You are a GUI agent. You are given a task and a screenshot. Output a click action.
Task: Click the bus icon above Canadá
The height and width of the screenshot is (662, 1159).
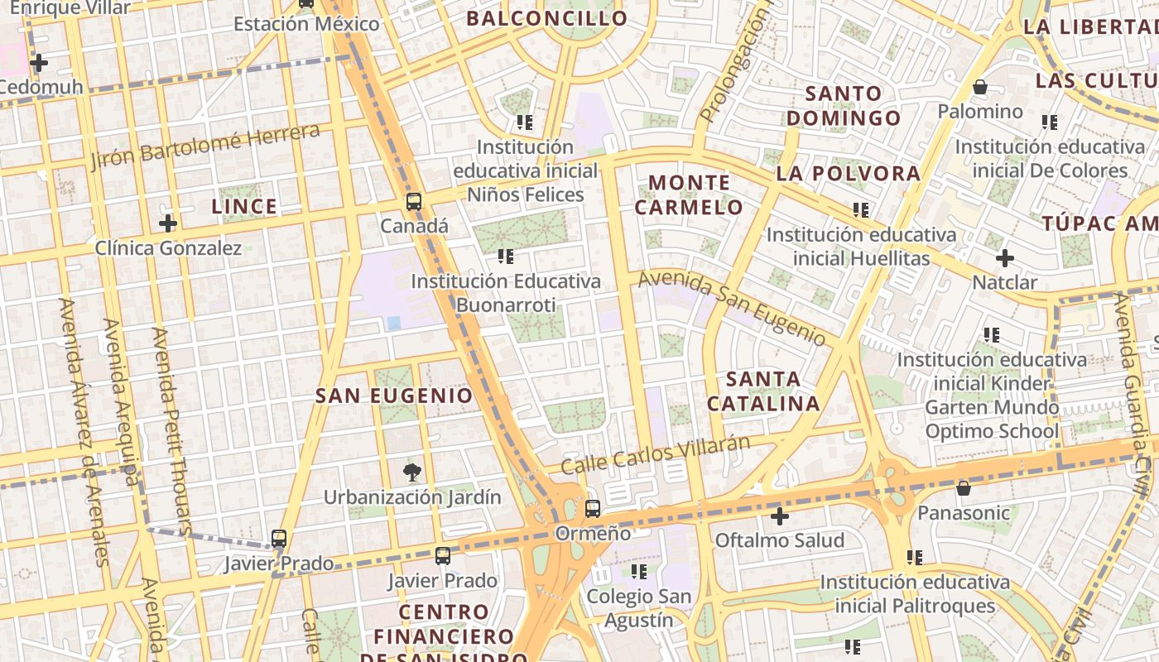[413, 201]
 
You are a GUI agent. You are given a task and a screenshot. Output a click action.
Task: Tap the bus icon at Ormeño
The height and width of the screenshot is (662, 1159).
[592, 508]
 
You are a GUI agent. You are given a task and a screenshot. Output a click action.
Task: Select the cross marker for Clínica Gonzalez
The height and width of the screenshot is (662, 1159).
[168, 223]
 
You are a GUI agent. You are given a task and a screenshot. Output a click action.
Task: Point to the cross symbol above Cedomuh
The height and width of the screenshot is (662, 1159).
[38, 62]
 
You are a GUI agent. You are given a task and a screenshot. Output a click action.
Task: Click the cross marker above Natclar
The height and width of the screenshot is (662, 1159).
[1004, 258]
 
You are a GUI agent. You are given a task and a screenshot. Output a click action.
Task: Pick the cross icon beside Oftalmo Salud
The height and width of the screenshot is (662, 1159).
[779, 517]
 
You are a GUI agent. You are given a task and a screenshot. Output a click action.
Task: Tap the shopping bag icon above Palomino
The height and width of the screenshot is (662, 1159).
[980, 87]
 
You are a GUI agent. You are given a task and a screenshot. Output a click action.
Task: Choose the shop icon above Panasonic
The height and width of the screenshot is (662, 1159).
[963, 488]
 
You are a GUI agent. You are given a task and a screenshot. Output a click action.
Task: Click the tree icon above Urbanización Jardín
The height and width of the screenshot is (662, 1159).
[411, 473]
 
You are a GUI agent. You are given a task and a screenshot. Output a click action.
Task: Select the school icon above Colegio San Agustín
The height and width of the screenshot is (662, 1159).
[638, 571]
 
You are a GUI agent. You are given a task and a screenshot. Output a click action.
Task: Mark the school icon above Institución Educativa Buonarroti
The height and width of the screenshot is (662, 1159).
[505, 257]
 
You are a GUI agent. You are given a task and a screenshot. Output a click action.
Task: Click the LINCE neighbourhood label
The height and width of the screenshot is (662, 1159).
[244, 206]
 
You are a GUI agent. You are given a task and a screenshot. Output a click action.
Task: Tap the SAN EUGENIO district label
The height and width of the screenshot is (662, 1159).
[394, 396]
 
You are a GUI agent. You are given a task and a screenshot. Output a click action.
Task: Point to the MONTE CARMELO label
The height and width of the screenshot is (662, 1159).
[689, 194]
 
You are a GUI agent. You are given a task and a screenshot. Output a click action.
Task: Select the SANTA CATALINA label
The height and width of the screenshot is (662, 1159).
[762, 391]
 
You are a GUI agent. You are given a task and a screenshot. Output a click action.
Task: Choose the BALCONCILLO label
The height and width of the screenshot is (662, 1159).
[546, 18]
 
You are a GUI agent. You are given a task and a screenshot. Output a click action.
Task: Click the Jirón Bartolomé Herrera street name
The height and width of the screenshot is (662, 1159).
[205, 146]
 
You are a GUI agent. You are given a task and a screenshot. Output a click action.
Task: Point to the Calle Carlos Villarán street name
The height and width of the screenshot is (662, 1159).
[655, 455]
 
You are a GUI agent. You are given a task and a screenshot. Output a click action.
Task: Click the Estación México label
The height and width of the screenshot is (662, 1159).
[306, 23]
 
